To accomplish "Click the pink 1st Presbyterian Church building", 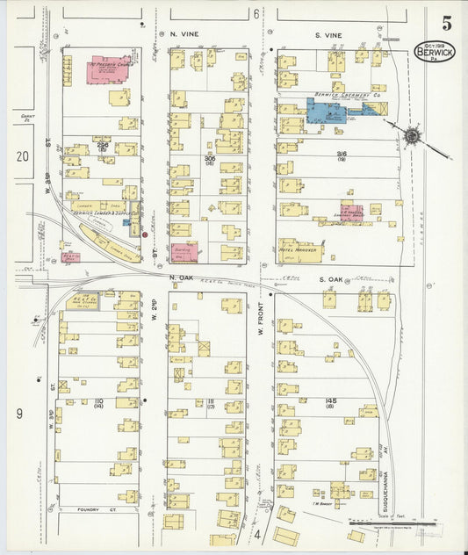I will tap(109, 69).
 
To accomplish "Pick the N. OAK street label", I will tap(181, 278).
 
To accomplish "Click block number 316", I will tap(341, 153).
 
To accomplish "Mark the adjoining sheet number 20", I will tap(22, 155).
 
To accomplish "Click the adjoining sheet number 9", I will tap(18, 412).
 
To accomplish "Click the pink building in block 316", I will tap(351, 212).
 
